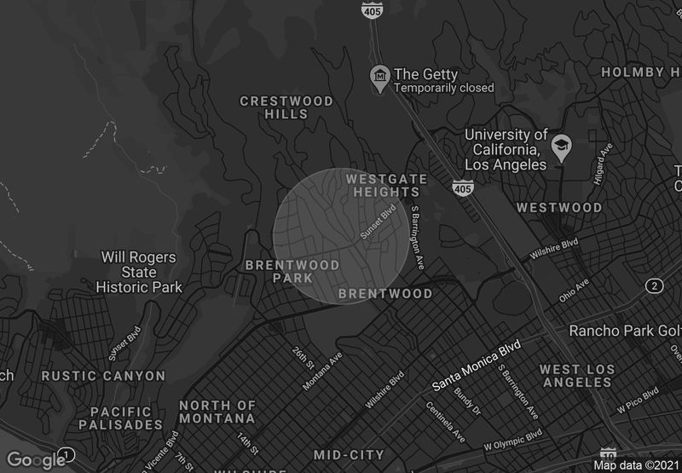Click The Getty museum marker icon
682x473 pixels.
coord(379,80)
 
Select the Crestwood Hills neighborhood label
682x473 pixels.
coord(286,107)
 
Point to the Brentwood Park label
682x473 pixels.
coord(292,272)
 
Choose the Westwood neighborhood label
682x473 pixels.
coord(558,208)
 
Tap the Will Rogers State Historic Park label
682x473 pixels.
coord(139,272)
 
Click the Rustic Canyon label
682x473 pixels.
coord(104,376)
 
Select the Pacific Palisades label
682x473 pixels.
coord(120,418)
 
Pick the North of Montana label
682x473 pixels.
coord(217,412)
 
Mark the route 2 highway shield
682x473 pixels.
coord(655,285)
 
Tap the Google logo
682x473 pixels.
coord(36,460)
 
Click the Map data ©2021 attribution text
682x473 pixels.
coord(635,465)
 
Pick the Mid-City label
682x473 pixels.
coord(348,454)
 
